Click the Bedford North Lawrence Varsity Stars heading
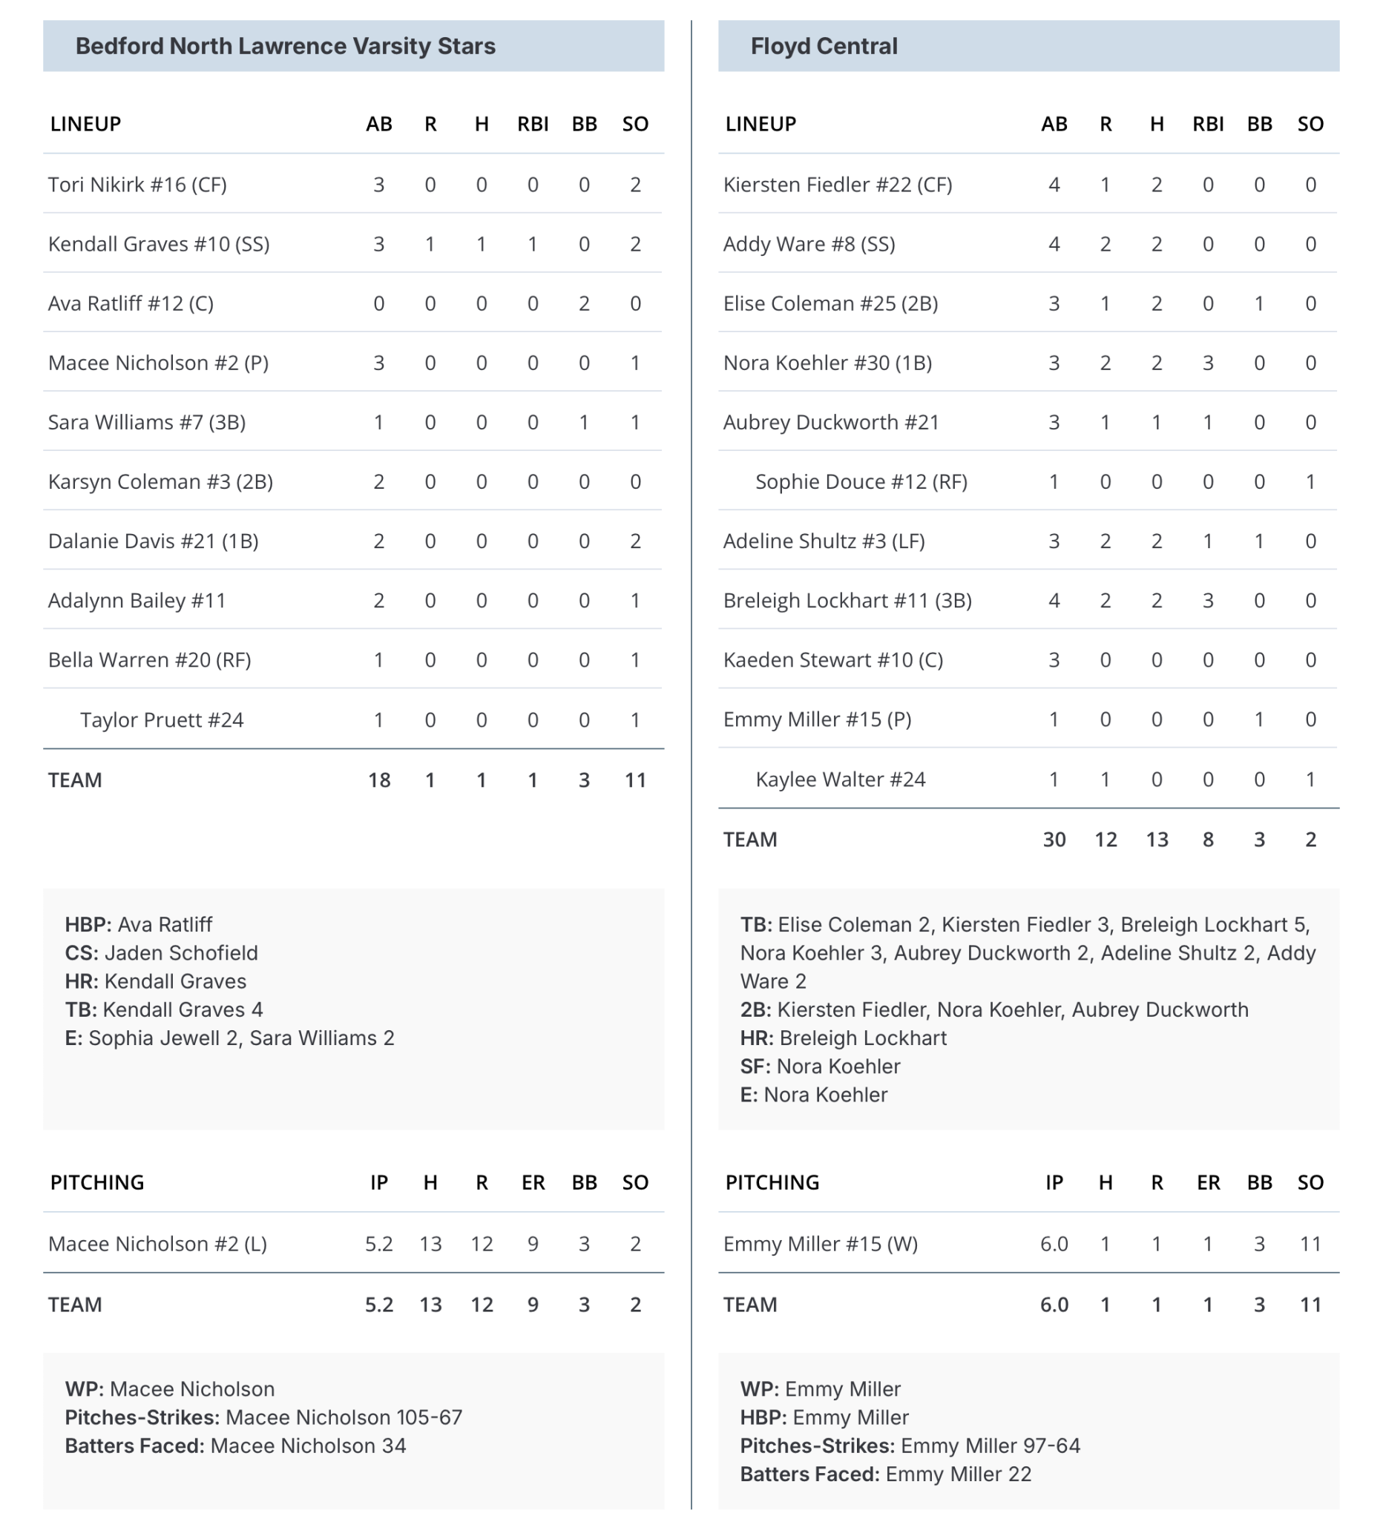285,46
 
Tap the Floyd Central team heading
823,46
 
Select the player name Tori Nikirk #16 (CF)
137,185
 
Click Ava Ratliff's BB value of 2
583,303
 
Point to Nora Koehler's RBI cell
1207,363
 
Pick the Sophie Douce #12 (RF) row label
861,481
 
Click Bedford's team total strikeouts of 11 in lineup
634,780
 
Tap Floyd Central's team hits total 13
1156,840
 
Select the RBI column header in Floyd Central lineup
1207,125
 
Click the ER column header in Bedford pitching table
533,1182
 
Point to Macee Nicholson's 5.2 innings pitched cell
378,1243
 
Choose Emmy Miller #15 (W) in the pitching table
820,1243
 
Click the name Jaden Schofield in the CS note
181,953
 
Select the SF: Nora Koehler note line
820,1066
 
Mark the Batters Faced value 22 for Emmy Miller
1019,1474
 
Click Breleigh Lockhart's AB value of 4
1054,601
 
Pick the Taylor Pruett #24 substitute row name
161,719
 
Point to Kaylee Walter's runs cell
1105,779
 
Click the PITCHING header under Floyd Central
772,1182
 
